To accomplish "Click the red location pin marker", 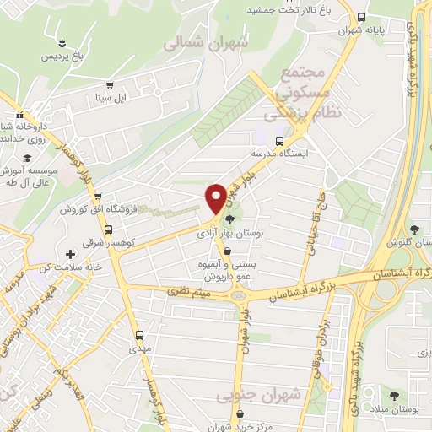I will pos(216,197).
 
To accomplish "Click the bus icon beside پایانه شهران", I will pos(362,17).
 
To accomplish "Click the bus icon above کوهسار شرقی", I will pos(108,229).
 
